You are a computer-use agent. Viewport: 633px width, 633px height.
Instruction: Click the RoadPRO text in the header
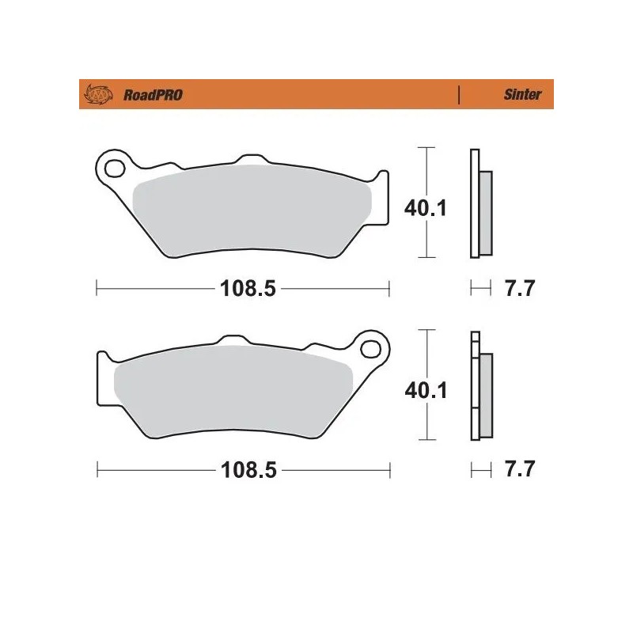pos(153,95)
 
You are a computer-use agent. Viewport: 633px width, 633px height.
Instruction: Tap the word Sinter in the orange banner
pos(522,95)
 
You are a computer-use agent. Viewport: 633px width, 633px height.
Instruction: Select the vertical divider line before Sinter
pos(460,95)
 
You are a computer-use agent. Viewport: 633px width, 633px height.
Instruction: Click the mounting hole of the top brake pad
pos(115,168)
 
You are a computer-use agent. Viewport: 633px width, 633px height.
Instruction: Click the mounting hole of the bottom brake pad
pos(370,347)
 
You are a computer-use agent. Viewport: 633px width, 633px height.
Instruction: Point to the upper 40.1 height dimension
pos(426,208)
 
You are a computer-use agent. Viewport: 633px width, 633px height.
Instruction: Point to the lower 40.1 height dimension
pos(426,389)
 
